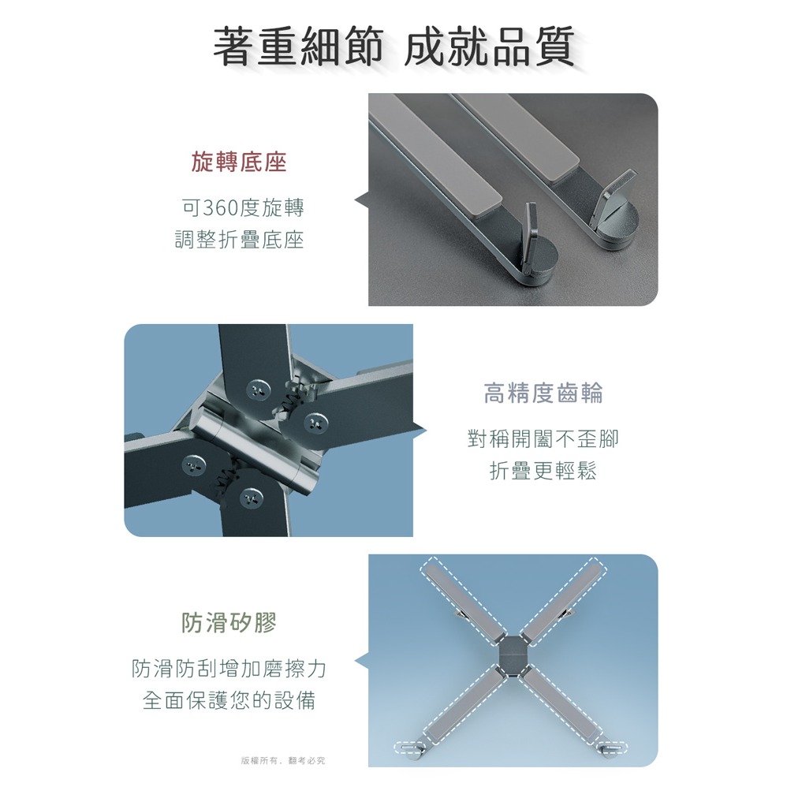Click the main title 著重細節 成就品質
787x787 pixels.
tap(393, 47)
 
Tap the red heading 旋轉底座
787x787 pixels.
tap(239, 162)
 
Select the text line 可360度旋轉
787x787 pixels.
tap(243, 207)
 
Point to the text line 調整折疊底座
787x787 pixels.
tap(240, 240)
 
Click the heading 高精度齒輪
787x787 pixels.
tap(543, 393)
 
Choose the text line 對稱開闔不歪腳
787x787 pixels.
tap(543, 438)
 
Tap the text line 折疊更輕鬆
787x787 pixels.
tap(543, 470)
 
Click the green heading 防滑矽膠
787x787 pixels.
tap(229, 622)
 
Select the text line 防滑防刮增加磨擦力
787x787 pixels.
tap(229, 668)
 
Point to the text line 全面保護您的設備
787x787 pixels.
tap(229, 700)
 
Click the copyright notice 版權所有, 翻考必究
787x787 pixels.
tap(283, 760)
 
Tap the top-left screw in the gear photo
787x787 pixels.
tap(259, 390)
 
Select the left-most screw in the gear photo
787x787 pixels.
tap(194, 465)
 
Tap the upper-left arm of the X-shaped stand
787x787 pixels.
tap(463, 600)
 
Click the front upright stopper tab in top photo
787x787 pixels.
tap(529, 239)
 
